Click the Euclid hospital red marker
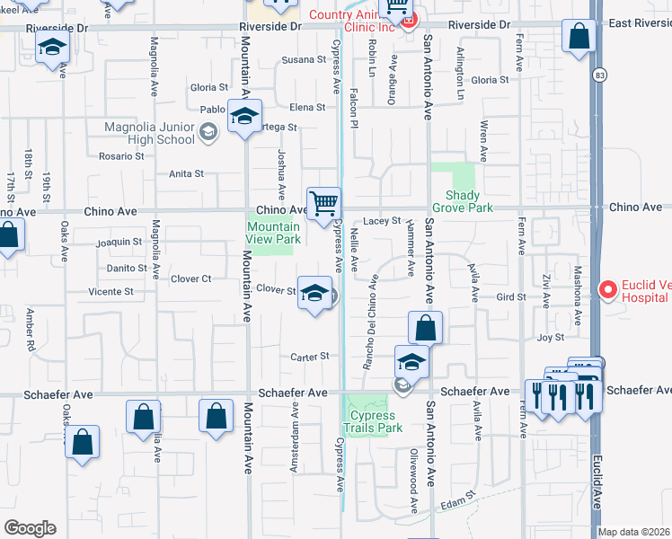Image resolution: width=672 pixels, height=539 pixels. tap(607, 289)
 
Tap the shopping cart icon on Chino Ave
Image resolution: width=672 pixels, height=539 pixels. tap(323, 202)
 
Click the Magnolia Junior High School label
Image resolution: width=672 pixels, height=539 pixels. tap(150, 133)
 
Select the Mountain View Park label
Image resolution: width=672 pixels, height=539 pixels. tap(274, 234)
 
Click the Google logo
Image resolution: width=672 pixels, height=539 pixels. tap(30, 528)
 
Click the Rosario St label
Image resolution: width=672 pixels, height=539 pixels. tap(121, 155)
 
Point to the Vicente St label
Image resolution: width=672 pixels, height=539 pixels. tap(111, 292)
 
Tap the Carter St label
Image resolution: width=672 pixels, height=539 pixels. tap(311, 357)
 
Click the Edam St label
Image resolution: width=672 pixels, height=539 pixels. tap(457, 498)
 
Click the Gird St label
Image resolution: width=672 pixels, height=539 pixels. tap(510, 296)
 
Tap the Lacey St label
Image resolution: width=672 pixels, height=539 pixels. tap(382, 220)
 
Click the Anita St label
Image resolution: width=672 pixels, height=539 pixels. tap(187, 173)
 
